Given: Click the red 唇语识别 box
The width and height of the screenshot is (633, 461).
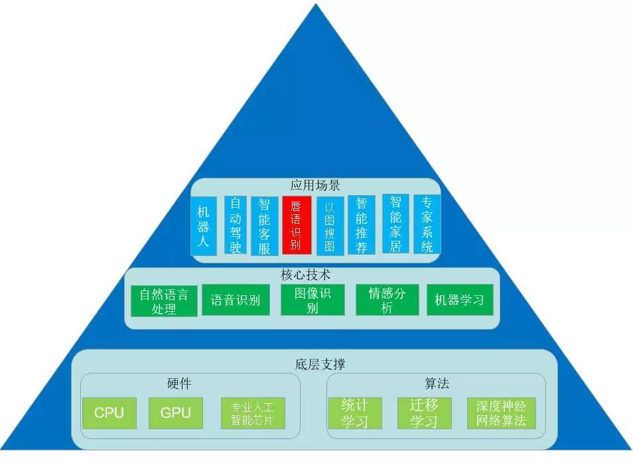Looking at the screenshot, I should [297, 224].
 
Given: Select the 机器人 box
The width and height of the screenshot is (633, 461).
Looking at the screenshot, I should [203, 226].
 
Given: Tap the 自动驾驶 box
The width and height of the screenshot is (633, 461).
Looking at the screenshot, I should [235, 225].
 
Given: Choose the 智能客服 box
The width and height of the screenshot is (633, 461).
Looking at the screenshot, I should [264, 226].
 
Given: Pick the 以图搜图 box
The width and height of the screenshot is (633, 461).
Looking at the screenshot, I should [330, 226].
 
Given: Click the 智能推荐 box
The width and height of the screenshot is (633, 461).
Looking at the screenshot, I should [361, 225].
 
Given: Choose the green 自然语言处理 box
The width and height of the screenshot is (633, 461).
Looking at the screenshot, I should [164, 301].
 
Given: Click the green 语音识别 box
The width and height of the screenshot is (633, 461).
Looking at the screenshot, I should [236, 300].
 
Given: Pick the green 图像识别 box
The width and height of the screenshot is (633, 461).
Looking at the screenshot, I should [313, 300].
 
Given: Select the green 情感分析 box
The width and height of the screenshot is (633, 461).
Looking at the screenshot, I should [387, 300].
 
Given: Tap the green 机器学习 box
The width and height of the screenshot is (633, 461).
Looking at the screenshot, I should [459, 300].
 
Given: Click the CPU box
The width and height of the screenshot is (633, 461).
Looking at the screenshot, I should [109, 413].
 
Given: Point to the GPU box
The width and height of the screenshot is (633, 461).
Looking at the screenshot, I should [175, 413].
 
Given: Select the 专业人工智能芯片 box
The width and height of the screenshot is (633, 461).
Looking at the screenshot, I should [252, 413].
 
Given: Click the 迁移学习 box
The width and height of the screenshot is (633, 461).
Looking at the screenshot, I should [424, 413].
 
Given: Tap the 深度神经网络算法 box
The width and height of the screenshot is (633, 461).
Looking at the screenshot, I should [500, 413].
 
